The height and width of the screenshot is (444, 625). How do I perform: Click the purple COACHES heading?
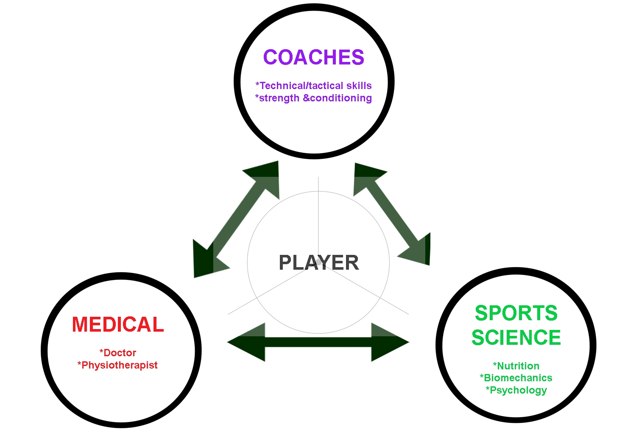point(313,57)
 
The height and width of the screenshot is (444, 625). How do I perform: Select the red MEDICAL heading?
point(118,325)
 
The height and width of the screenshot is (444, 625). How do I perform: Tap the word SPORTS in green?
point(516,313)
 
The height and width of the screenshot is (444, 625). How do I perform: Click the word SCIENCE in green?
point(516,338)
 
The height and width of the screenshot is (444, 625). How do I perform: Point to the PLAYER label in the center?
point(319,263)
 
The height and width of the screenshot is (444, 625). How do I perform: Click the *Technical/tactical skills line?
point(313,86)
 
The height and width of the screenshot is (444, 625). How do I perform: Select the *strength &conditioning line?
point(313,98)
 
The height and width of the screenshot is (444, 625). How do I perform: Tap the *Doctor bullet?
point(118,353)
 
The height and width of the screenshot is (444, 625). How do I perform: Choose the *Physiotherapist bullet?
point(117,365)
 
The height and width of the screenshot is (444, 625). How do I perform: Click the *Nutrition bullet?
point(516,366)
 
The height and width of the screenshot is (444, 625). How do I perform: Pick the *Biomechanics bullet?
point(516,378)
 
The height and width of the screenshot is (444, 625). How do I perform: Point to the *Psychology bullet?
point(516,390)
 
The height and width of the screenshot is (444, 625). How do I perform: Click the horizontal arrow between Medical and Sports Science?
point(318,342)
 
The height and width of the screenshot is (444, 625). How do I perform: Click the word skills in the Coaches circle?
point(359,86)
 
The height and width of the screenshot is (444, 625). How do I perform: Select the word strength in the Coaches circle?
point(279,98)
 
